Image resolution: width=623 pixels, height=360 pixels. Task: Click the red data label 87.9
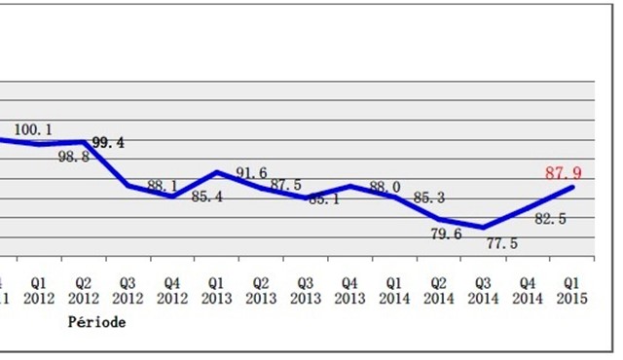pyautogui.click(x=565, y=173)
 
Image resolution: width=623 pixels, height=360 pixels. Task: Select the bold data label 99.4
pyautogui.click(x=108, y=143)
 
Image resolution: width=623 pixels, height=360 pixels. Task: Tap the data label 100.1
pyautogui.click(x=33, y=128)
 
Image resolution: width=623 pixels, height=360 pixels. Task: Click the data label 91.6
pyautogui.click(x=251, y=173)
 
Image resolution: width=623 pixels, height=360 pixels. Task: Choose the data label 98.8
pyautogui.click(x=72, y=156)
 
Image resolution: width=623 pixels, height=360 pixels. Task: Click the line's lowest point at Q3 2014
pyautogui.click(x=483, y=228)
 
